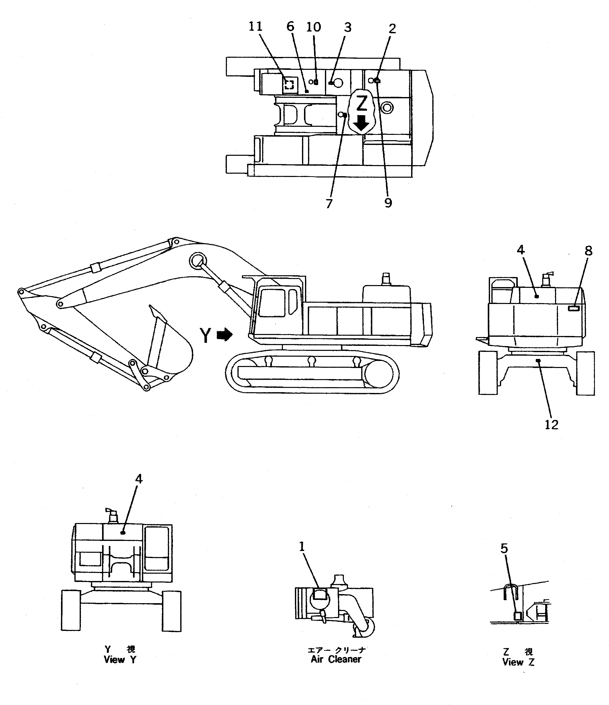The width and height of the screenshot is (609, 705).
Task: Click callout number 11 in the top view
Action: [255, 26]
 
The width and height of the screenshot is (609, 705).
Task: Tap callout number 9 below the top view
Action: [388, 203]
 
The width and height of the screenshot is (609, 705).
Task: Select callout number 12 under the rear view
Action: [551, 425]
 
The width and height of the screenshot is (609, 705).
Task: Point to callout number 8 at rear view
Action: [589, 251]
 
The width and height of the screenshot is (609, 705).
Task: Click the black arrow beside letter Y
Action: [225, 335]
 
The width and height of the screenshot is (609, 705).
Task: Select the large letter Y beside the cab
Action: [205, 335]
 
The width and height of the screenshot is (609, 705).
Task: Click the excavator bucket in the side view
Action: [170, 347]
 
